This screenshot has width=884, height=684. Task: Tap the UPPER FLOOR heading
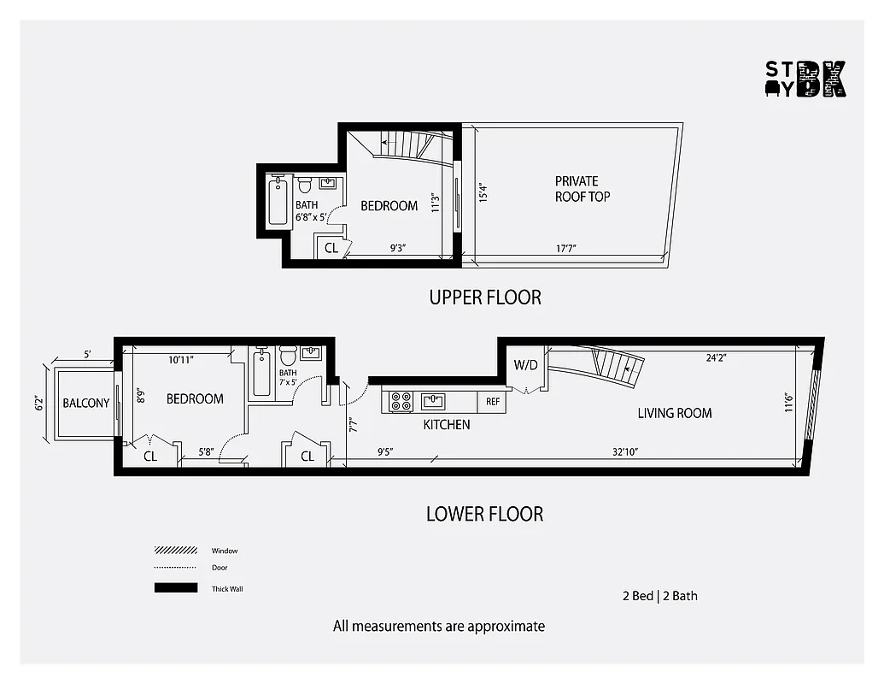point(485,298)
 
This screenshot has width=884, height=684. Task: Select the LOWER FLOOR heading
point(484,514)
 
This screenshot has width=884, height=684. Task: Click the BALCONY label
point(86,403)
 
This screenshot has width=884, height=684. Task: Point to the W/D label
point(526,366)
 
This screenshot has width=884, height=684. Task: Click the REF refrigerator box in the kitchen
point(493,401)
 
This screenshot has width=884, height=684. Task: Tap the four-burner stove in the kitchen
point(401,401)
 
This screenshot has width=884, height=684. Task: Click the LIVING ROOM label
point(675,413)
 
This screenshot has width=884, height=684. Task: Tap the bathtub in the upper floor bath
point(278,200)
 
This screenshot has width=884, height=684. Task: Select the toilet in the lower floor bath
point(288,354)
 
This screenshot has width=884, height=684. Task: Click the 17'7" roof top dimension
point(565,249)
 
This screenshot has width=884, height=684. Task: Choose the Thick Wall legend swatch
point(175,588)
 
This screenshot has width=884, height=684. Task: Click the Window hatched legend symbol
point(175,550)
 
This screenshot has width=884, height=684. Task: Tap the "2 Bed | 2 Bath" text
point(659,595)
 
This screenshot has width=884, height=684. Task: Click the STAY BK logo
point(805,80)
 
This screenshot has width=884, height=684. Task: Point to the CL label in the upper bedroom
point(331,249)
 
